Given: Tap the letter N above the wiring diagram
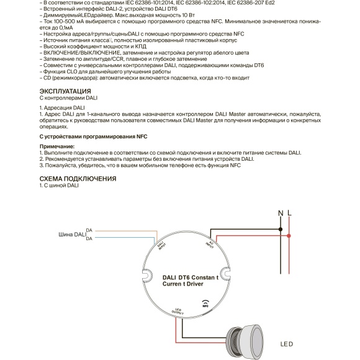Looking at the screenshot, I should pyautogui.click(x=281, y=213).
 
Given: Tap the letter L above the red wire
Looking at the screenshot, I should pyautogui.click(x=290, y=213).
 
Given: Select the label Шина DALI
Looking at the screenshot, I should pyautogui.click(x=71, y=235).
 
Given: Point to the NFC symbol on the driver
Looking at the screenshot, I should pyautogui.click(x=205, y=304).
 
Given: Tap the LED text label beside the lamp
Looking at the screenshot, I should pyautogui.click(x=286, y=344).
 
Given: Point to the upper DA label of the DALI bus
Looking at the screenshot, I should pyautogui.click(x=89, y=230).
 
